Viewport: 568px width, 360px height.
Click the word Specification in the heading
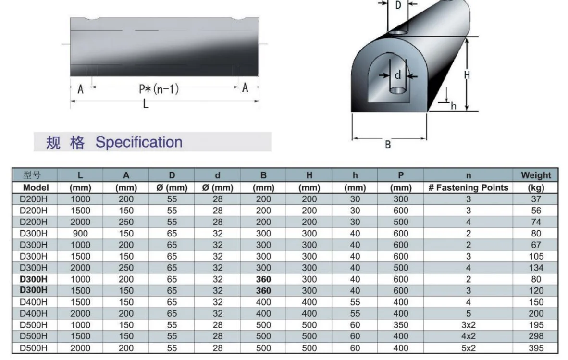[x=139, y=142]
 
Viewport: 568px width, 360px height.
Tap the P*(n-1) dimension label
[x=159, y=89]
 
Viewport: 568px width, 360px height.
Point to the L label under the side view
[x=146, y=104]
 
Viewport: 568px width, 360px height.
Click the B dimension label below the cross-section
[x=388, y=145]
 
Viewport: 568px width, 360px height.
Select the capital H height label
[x=467, y=75]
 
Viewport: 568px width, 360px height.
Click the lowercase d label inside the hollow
[x=398, y=75]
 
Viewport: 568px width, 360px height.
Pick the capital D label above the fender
[x=398, y=5]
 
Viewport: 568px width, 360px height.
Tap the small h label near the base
[x=453, y=106]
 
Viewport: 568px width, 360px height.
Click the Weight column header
[x=536, y=175]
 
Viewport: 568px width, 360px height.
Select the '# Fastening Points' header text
[x=468, y=187]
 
